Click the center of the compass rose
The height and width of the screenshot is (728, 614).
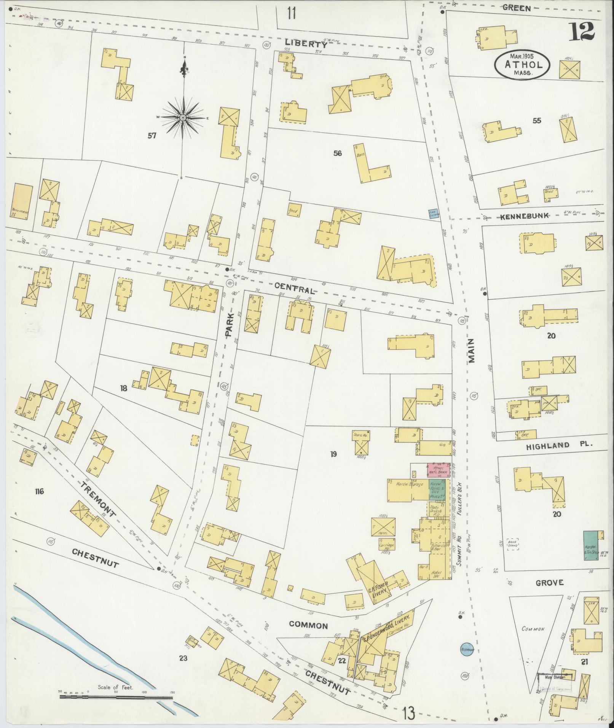click(183, 118)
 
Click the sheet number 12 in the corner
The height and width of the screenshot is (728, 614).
click(582, 31)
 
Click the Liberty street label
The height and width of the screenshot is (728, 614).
click(306, 44)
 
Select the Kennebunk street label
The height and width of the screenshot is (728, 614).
click(524, 216)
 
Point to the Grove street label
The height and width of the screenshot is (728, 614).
click(549, 583)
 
